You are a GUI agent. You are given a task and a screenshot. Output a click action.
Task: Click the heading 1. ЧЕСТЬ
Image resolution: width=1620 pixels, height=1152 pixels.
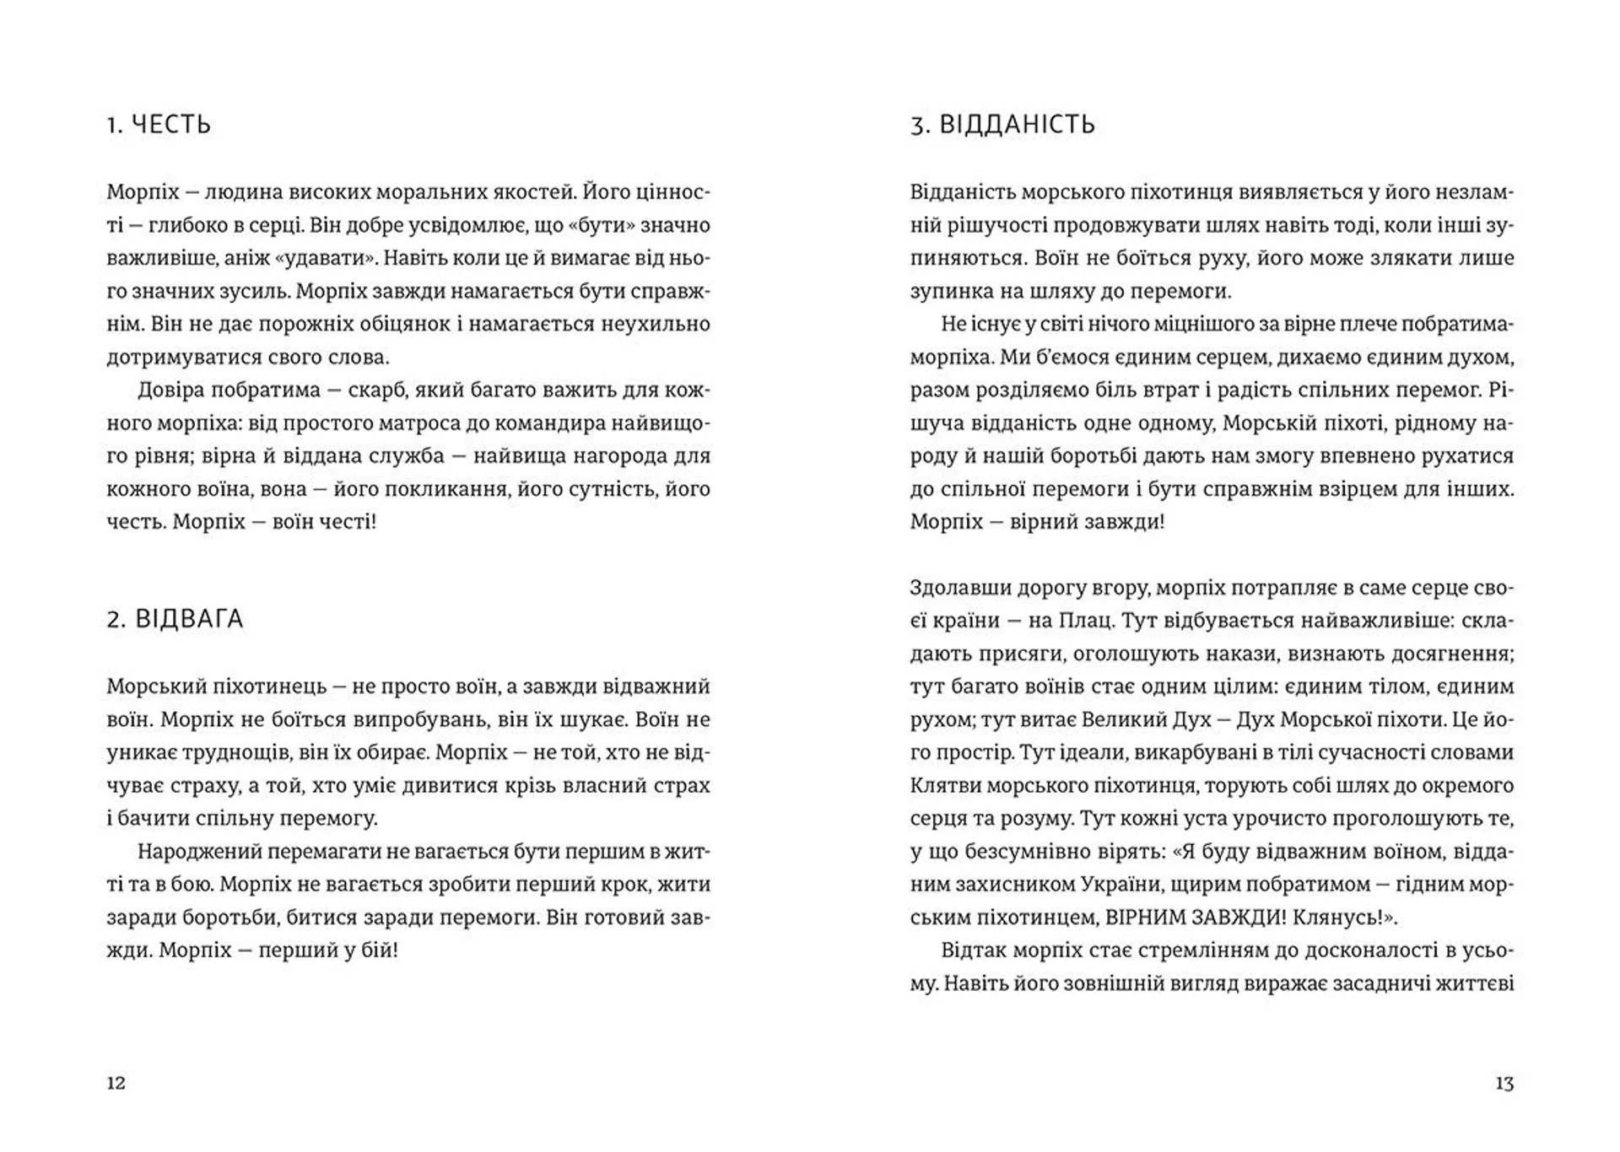point(159,125)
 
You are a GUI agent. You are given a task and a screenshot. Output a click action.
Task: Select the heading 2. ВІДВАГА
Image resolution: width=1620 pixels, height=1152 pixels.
point(175,619)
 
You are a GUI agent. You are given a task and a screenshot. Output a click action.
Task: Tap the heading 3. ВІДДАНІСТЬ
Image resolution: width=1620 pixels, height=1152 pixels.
point(1002,125)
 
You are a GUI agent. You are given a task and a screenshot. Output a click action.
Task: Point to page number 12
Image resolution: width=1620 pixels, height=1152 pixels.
point(116,1083)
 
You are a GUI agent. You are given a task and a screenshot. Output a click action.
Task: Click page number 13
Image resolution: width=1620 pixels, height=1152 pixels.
point(1504,1083)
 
